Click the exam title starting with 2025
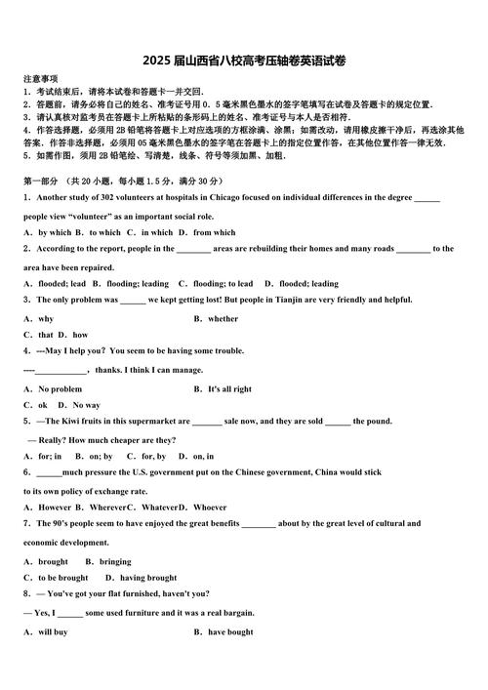243,61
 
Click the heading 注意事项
40,78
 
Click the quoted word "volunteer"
89,216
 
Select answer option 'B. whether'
216,318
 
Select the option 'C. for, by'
146,456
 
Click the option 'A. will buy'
46,632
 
